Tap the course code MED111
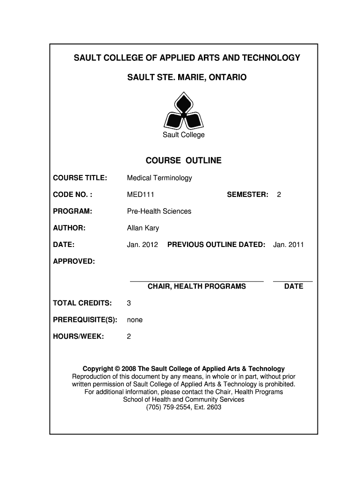[141, 195]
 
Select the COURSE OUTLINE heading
[183, 161]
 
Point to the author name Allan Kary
[143, 228]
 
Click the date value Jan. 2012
[143, 244]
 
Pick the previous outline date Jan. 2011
[288, 244]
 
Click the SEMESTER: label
[247, 195]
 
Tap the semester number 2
[279, 195]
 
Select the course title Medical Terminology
[159, 178]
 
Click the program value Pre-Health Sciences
[159, 211]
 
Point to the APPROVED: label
[74, 261]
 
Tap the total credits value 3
[129, 303]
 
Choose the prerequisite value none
[135, 320]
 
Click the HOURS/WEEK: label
[78, 336]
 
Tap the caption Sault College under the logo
[183, 135]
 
